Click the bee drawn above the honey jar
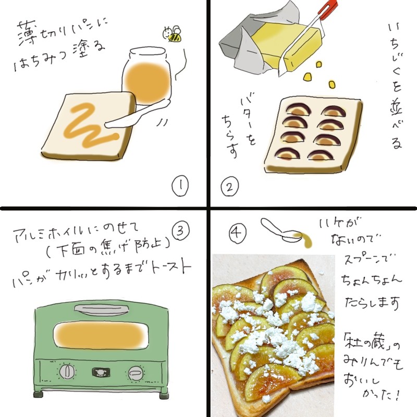(x=174, y=34)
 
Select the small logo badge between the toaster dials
(x=101, y=372)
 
